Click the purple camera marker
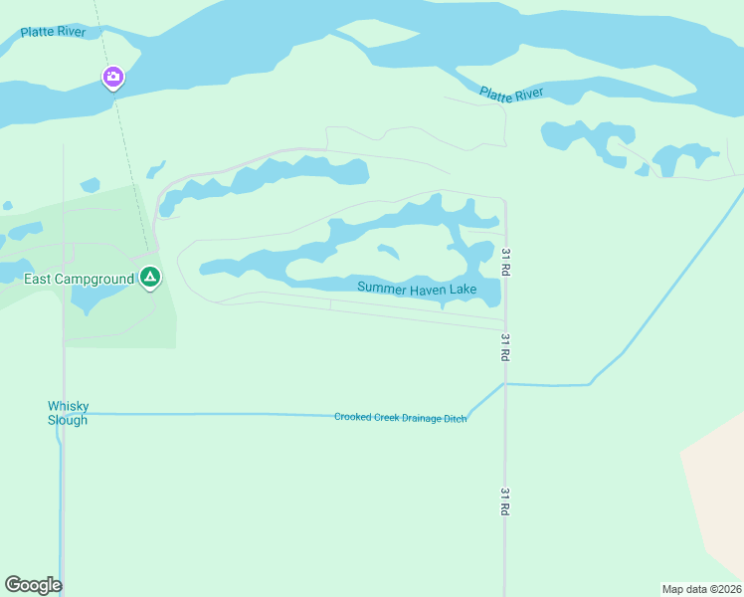tap(113, 77)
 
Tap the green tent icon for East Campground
tap(149, 277)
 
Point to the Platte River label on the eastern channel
tap(511, 94)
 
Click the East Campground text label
tap(79, 279)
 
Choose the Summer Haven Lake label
tap(417, 290)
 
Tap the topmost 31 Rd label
tap(506, 261)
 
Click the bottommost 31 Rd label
tap(504, 500)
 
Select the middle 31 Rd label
tap(505, 346)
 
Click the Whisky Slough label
tap(68, 413)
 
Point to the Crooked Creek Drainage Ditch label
tap(400, 418)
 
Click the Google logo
tap(33, 585)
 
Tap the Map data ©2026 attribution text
tap(701, 589)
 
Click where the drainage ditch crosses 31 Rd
tap(505, 383)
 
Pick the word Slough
tap(68, 420)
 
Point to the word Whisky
tap(69, 406)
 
